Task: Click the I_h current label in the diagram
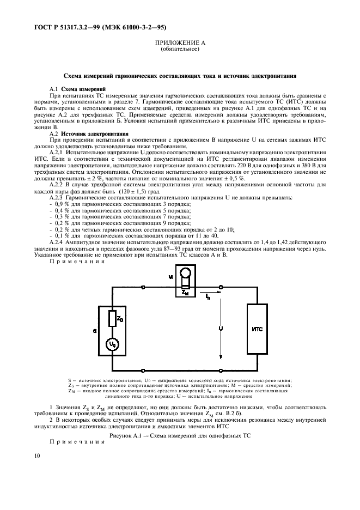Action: coord(208,297)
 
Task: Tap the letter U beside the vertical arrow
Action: coord(219,329)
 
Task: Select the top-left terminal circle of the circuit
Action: coord(143,287)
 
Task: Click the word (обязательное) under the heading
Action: coord(180,49)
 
